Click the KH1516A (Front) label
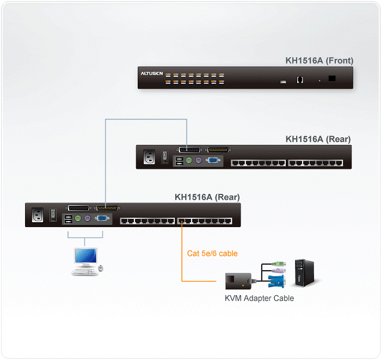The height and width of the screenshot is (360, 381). point(319,61)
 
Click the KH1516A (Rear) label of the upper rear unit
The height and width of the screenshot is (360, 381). point(318,139)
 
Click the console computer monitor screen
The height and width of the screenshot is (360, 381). point(86,256)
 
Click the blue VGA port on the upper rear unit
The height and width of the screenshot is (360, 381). point(214,161)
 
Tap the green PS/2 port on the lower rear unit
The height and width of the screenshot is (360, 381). point(78,219)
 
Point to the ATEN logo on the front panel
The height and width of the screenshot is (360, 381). point(151,73)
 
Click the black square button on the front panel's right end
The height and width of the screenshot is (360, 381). point(332,78)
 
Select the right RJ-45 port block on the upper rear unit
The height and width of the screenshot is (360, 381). point(316,162)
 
